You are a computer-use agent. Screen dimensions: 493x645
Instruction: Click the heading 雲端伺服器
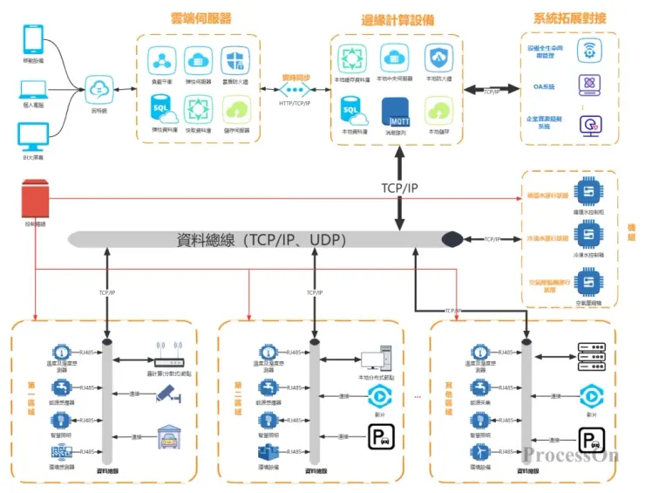200,18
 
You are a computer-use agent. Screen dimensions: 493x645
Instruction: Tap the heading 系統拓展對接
570,18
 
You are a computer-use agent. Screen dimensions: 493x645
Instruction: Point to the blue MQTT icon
397,113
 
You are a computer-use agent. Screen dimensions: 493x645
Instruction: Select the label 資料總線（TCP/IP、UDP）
261,240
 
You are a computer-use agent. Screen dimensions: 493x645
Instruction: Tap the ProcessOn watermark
571,455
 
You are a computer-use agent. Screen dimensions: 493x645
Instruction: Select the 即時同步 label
295,77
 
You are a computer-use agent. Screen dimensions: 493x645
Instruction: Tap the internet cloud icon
99,88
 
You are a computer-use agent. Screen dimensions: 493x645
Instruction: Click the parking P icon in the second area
379,436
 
